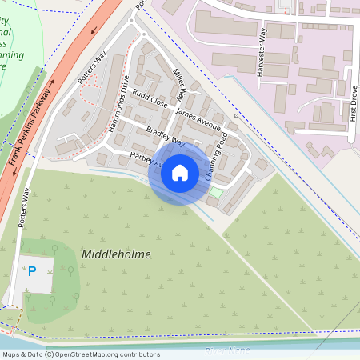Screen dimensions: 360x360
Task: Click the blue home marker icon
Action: tap(179, 172)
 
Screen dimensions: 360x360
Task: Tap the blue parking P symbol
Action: tap(32, 271)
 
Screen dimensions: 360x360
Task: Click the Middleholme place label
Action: tap(116, 254)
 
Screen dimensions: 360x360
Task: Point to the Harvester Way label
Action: tap(262, 51)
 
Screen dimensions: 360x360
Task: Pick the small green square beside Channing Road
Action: tap(214, 192)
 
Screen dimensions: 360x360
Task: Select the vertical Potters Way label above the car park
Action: tap(26, 206)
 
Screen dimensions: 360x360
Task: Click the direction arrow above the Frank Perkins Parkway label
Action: tap(50, 81)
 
